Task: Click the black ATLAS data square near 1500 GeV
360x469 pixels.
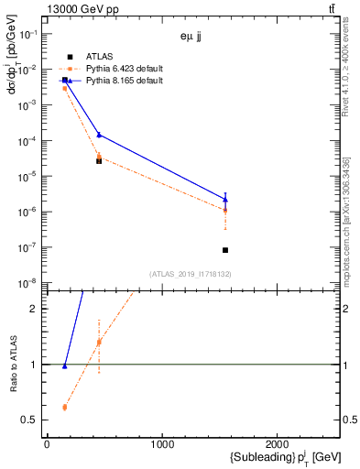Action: pos(225,250)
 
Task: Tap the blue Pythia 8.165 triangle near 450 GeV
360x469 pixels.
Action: pos(99,135)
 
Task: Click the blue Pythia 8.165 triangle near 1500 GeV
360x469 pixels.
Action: pos(225,199)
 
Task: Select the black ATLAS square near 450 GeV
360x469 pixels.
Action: pos(99,160)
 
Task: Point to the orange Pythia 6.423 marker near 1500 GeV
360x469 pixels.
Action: pos(225,211)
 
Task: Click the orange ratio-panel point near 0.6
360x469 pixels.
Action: pos(64,407)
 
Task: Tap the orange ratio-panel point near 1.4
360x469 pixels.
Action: pos(99,343)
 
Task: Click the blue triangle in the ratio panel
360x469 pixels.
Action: pos(64,366)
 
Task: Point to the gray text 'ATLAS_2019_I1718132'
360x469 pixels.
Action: pos(191,274)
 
